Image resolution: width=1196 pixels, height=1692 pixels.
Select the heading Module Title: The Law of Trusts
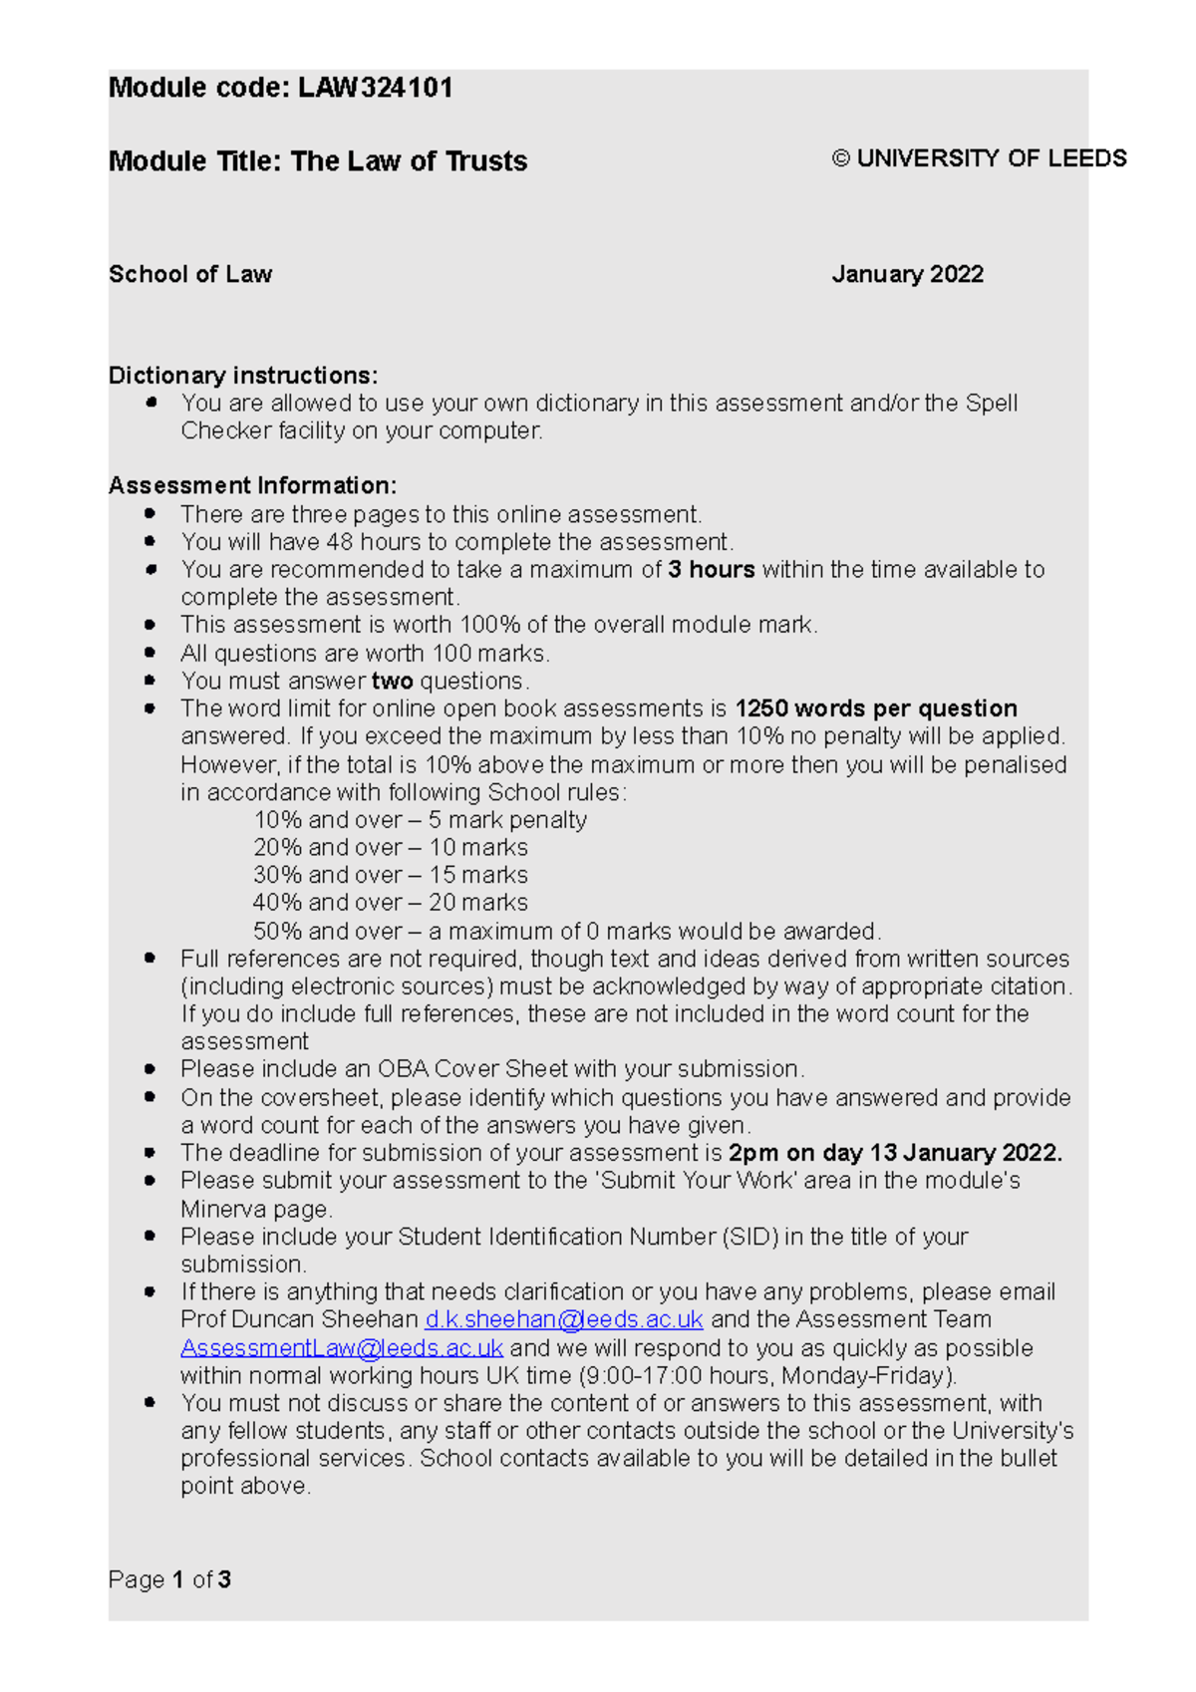317,161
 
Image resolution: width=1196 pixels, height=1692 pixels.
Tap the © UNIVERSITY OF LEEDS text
979,158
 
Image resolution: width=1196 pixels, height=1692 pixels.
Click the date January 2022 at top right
907,274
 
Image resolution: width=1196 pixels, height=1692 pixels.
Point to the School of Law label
190,274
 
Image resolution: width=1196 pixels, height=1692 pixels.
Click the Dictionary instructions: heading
243,376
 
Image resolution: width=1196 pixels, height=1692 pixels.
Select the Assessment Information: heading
252,485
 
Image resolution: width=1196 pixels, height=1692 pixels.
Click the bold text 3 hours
711,570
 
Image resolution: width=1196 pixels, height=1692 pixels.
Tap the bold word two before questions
392,682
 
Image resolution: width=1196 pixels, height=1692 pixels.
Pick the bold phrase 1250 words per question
875,708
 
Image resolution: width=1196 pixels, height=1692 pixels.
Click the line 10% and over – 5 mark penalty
420,820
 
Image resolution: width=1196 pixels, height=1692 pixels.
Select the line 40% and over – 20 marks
390,903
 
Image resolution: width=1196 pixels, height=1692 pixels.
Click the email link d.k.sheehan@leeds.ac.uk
564,1319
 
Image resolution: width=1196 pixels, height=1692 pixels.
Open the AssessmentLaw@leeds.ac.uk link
342,1348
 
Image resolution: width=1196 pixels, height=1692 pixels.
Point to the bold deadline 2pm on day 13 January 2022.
895,1153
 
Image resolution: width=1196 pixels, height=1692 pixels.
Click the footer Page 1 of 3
169,1579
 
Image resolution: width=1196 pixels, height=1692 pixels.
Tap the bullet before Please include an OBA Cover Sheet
150,1069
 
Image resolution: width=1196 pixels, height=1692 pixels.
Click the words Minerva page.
255,1210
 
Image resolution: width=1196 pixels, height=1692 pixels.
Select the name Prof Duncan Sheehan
299,1319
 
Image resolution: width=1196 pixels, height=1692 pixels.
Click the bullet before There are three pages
150,514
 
